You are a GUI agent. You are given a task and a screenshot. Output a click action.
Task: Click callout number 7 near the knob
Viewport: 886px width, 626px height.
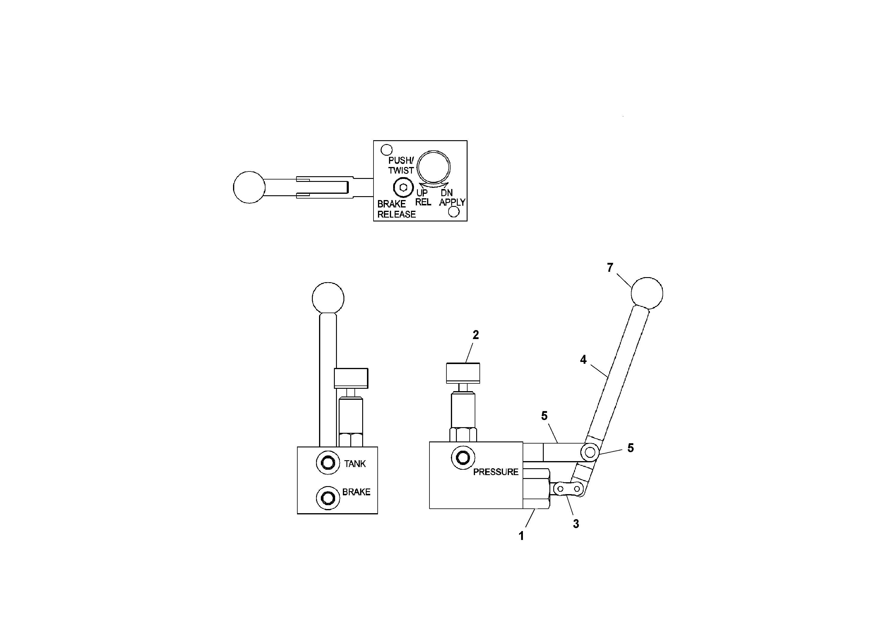[x=610, y=268]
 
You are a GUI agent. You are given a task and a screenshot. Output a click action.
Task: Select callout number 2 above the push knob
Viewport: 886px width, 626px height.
[x=476, y=335]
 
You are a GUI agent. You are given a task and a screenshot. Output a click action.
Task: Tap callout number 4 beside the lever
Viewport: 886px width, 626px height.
[x=583, y=359]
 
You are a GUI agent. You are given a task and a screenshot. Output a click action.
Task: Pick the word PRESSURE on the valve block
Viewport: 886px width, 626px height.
[x=496, y=472]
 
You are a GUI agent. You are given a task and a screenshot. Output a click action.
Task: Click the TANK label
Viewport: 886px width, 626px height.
[x=355, y=463]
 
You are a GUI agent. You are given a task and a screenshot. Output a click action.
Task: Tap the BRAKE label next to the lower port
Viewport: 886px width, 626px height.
[x=356, y=492]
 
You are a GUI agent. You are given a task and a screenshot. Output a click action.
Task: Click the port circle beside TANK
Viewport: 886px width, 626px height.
[x=328, y=462]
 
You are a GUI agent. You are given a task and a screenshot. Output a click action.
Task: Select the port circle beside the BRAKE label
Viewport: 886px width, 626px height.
[x=328, y=498]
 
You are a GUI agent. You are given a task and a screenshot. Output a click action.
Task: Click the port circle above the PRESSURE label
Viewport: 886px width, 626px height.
[x=463, y=458]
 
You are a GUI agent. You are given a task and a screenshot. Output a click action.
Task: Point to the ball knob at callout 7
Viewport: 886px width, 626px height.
[x=647, y=293]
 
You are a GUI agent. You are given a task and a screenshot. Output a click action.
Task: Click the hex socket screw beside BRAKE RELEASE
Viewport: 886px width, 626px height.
[x=403, y=188]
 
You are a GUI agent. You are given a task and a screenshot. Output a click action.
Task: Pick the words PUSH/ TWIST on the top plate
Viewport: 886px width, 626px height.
[x=401, y=165]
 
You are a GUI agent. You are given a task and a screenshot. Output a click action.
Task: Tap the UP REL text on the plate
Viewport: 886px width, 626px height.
[x=423, y=197]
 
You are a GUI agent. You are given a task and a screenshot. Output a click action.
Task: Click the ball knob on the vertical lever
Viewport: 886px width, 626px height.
[x=328, y=298]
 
